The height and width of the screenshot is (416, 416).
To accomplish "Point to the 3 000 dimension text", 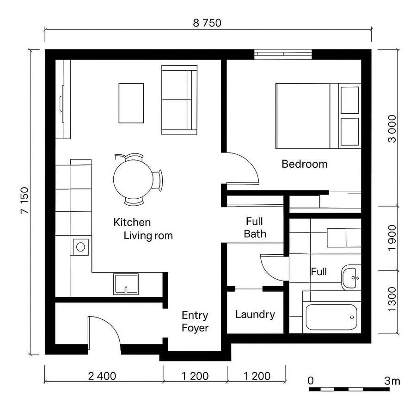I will [x=392, y=128].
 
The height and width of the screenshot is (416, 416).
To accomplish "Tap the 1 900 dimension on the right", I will [x=392, y=238].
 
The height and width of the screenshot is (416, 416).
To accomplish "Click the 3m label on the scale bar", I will [x=392, y=381].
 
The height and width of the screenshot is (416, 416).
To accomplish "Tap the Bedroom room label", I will [x=304, y=164].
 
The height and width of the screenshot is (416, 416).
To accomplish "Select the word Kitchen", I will [x=132, y=222].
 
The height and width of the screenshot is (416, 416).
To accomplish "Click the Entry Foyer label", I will [x=195, y=322].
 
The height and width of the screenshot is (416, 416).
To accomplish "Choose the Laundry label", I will [x=255, y=315].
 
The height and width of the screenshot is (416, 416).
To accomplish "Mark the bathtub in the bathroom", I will [x=332, y=317].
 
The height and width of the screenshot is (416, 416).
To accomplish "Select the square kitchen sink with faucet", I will [x=126, y=284].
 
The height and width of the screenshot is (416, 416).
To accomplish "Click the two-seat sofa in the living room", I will [x=179, y=100].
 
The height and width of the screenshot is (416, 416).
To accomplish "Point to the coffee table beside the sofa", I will [x=131, y=103].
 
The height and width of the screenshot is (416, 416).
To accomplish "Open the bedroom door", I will [x=241, y=167].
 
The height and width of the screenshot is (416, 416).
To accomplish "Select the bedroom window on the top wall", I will [x=283, y=55].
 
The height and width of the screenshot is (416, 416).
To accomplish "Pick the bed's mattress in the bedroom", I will [x=303, y=116].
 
